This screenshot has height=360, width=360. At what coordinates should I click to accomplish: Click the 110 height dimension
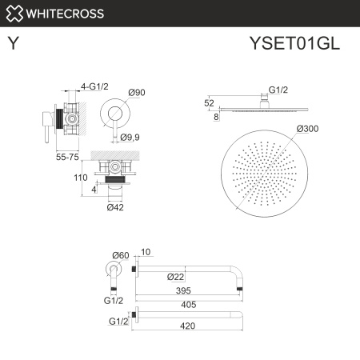pos(80,178)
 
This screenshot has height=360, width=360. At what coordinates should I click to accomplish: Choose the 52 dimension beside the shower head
pos(210,102)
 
